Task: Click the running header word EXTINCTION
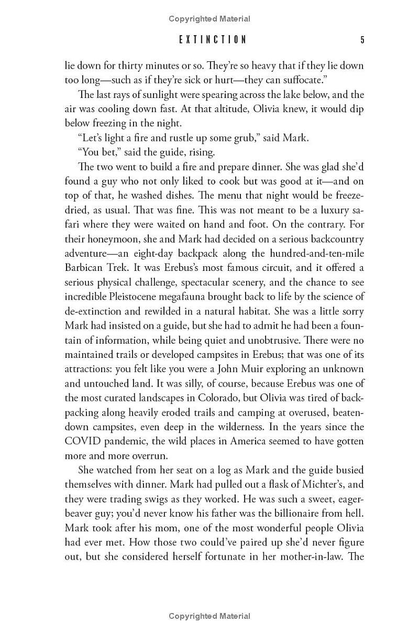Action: coord(212,40)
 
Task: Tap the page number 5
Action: coord(362,40)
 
